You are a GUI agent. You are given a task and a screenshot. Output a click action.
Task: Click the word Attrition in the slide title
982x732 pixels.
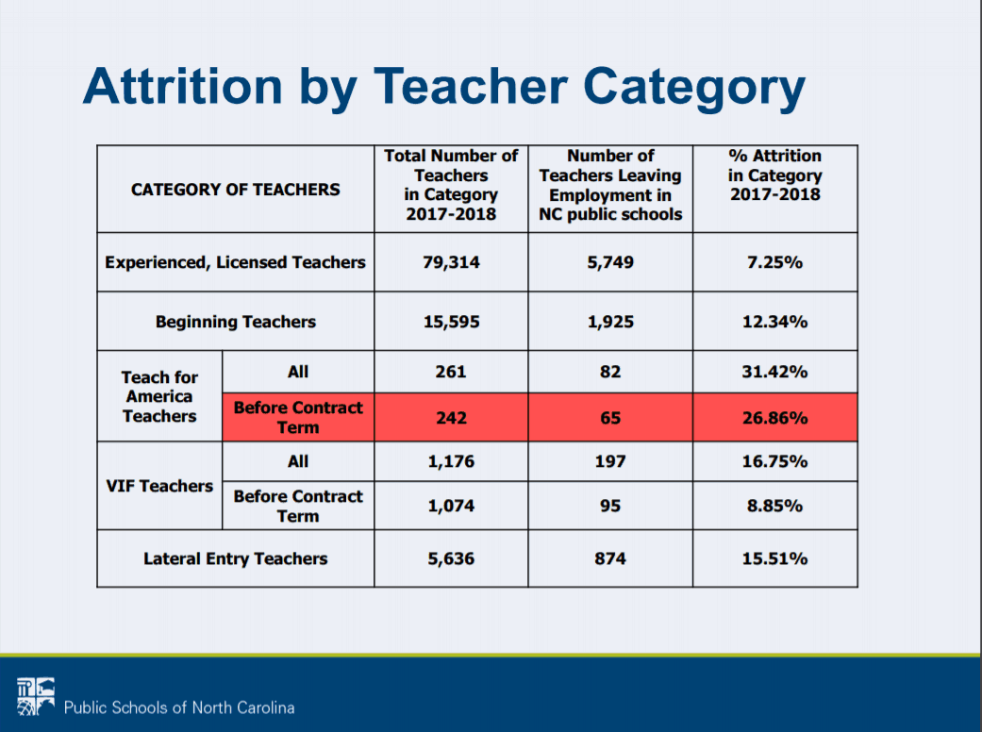183,86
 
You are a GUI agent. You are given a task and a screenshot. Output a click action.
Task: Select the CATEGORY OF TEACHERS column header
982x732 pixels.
236,189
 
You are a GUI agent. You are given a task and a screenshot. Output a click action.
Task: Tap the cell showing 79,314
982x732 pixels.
451,261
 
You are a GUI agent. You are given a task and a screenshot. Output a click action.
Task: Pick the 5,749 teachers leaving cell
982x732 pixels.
610,261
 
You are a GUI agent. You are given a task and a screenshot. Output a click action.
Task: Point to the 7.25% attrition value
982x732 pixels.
774,261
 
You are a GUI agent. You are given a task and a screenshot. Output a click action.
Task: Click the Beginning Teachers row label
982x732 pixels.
236,322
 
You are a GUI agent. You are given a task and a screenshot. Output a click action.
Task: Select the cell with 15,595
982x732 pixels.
451,322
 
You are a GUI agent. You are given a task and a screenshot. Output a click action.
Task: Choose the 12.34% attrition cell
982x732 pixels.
774,322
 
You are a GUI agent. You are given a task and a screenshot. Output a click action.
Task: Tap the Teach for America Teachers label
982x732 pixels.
159,396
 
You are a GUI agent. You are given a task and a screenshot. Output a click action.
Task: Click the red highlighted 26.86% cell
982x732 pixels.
774,418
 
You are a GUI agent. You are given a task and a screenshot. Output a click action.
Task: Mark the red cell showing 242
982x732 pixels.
451,418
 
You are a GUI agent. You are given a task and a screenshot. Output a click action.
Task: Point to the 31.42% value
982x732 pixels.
774,372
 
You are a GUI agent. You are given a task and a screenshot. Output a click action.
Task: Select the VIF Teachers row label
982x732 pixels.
159,486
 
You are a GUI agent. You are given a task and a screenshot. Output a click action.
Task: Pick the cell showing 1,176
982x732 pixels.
451,461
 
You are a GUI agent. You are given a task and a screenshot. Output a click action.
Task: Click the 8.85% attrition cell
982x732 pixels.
774,506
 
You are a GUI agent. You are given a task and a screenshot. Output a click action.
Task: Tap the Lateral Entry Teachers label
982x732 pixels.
236,558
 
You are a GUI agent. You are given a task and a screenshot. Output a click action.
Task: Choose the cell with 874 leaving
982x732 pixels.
610,558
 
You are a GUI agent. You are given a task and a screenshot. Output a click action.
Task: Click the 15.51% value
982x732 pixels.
774,558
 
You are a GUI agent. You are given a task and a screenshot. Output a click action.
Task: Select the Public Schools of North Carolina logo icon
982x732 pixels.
36,696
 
